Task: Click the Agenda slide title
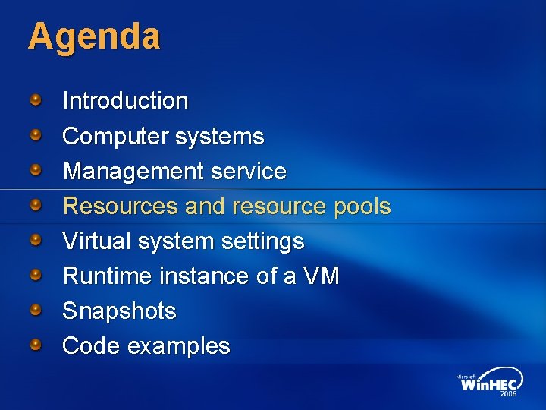coord(94,36)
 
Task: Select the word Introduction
coord(125,101)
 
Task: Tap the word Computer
coord(115,137)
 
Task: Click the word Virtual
coord(96,241)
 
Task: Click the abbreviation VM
coord(322,276)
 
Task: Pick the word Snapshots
coord(119,311)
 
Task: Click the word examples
coord(178,346)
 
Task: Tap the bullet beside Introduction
coord(36,99)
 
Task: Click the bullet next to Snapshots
coord(36,310)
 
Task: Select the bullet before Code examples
coord(36,345)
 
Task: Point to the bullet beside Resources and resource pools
coord(36,205)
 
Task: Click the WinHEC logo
coord(489,383)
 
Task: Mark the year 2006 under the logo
coord(507,395)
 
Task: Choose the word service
coord(249,172)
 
